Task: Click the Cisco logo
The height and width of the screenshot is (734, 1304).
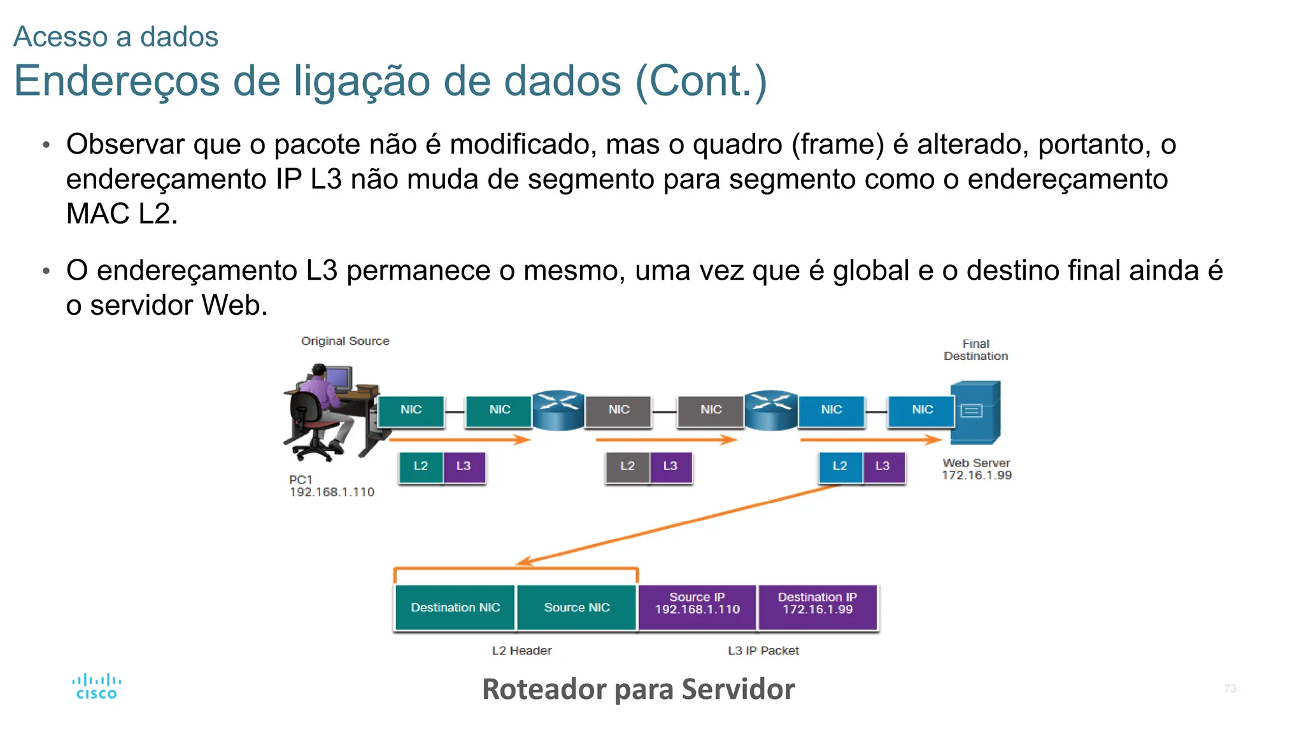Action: click(96, 687)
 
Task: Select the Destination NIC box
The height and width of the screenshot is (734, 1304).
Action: click(455, 607)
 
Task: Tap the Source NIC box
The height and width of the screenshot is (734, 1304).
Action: click(577, 607)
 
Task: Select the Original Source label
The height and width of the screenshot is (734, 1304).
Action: click(345, 341)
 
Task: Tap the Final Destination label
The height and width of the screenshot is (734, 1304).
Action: click(975, 350)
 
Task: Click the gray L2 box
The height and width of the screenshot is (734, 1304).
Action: click(628, 466)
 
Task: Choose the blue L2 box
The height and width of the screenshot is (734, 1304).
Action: click(840, 466)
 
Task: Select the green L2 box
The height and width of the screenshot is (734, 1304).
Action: click(421, 466)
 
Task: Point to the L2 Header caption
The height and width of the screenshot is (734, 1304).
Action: click(521, 651)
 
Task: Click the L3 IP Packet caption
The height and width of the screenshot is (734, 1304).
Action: click(763, 651)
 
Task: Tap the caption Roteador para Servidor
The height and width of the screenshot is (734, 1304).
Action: click(638, 689)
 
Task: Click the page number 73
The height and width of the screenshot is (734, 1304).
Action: click(1230, 689)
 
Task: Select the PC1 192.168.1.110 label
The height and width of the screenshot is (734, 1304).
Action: click(331, 486)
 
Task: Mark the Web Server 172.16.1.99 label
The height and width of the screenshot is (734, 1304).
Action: click(977, 469)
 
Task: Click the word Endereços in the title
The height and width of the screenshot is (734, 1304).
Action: click(117, 81)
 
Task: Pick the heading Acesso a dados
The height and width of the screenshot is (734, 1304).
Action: click(116, 36)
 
